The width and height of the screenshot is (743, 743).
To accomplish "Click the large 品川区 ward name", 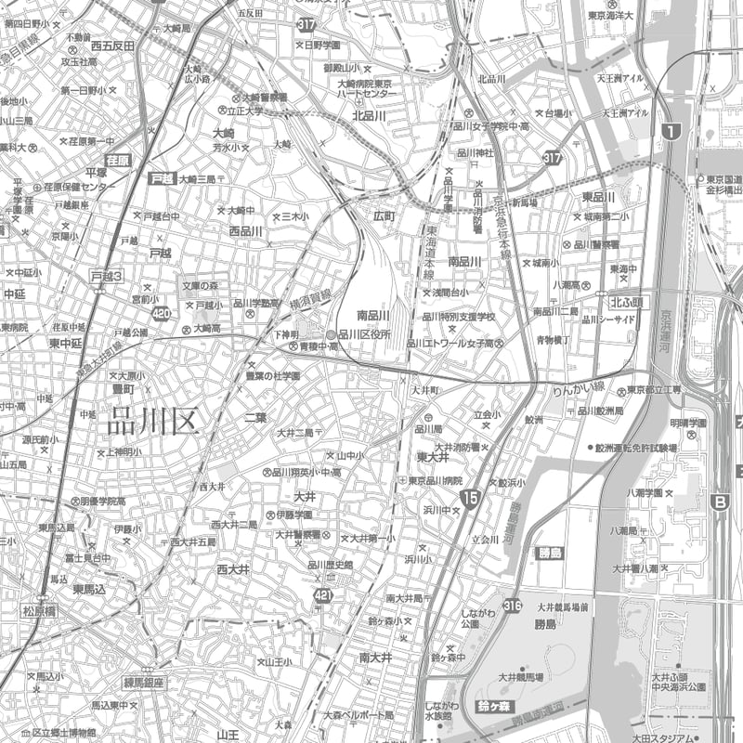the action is pyautogui.click(x=154, y=421).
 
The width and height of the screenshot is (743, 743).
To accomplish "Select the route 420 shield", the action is pyautogui.click(x=162, y=314).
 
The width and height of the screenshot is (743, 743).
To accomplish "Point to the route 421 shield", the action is pyautogui.click(x=322, y=595).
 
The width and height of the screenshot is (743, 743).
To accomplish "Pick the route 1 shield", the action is pyautogui.click(x=671, y=132).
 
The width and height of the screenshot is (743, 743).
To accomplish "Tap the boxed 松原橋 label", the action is pyautogui.click(x=40, y=610).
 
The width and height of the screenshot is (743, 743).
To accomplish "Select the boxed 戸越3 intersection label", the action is pyautogui.click(x=107, y=277).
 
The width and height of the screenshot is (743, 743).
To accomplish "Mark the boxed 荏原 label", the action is pyautogui.click(x=119, y=161).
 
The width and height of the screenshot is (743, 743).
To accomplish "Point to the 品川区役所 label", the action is pyautogui.click(x=364, y=334).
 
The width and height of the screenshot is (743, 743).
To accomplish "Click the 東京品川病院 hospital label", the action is pyautogui.click(x=436, y=480).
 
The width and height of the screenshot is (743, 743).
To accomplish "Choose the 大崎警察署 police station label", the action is pyautogui.click(x=265, y=97).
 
